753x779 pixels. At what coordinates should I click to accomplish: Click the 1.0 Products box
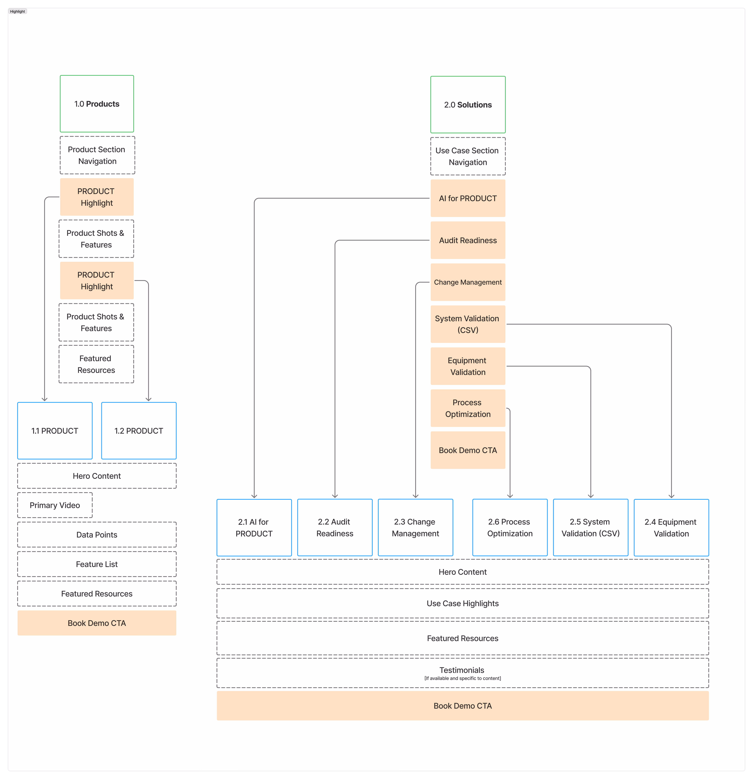point(97,104)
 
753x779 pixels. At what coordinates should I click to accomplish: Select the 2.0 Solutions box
point(468,105)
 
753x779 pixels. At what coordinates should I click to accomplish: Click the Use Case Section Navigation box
point(468,156)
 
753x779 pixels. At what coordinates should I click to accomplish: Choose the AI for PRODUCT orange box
point(468,198)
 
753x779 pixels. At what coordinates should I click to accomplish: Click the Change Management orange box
point(468,282)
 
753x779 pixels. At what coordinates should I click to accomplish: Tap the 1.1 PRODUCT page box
point(55,431)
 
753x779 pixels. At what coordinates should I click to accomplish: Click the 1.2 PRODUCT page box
point(139,431)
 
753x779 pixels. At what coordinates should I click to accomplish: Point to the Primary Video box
point(55,505)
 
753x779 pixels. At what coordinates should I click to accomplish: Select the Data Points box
point(97,535)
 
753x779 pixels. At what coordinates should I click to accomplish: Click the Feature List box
point(97,564)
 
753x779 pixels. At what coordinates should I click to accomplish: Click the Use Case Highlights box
point(463,603)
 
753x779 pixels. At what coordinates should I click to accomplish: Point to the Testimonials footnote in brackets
point(463,678)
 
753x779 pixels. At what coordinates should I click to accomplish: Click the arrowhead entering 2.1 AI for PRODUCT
point(254,496)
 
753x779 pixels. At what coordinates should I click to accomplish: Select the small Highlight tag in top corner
point(17,12)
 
